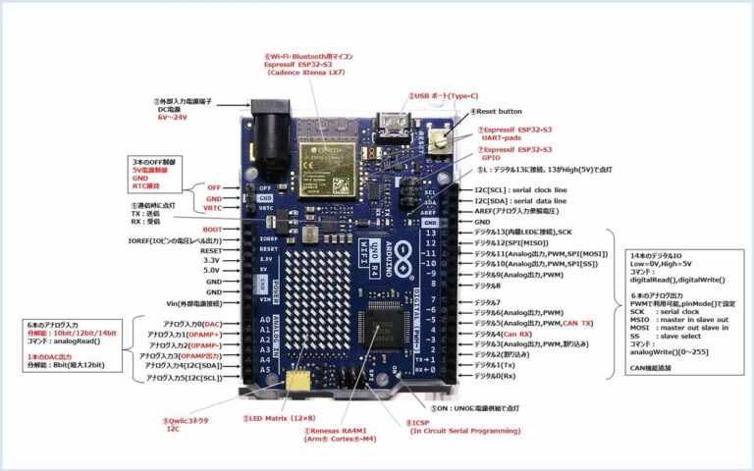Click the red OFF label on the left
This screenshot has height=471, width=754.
pyautogui.click(x=214, y=186)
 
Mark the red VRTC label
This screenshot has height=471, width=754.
pyautogui.click(x=212, y=209)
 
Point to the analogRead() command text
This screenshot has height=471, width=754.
pyautogui.click(x=62, y=340)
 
